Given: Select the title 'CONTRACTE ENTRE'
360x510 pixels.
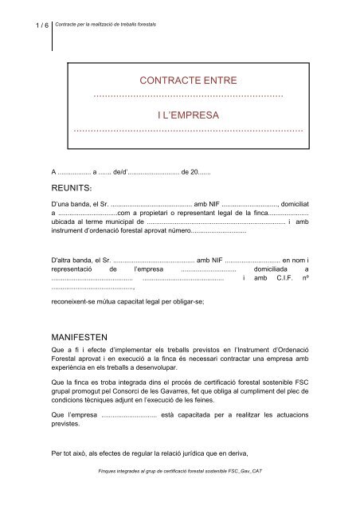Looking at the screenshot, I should tap(188, 81).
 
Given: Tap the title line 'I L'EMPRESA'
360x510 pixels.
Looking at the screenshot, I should tap(188, 115).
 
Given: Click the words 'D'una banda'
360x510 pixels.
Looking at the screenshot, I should tap(72, 204).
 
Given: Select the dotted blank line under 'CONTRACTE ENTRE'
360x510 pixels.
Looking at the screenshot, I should tap(188, 96).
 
